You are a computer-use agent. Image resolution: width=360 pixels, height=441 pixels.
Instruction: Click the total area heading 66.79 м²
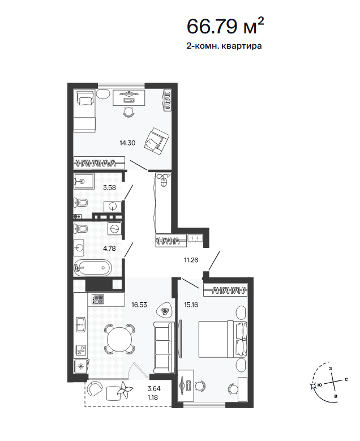coord(225,26)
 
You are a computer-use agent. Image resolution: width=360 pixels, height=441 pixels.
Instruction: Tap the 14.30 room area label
coord(127,143)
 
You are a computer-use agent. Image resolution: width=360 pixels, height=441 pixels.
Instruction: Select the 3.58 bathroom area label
coord(109,187)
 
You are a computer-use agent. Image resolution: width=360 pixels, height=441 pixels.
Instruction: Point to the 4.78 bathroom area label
coord(109,249)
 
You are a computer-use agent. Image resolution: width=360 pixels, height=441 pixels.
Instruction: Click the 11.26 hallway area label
coord(191,260)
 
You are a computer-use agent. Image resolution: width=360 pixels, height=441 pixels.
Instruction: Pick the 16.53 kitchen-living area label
coord(139,305)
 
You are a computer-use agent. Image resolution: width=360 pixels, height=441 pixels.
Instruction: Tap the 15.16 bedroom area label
coord(191,305)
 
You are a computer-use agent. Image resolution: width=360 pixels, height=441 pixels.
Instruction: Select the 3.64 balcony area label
coord(154,388)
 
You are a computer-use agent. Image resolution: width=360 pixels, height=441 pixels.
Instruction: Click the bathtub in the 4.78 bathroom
coord(92,267)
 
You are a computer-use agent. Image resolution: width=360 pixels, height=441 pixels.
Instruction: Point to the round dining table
coord(119,339)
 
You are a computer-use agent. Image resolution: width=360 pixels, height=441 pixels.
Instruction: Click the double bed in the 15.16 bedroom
coord(223,339)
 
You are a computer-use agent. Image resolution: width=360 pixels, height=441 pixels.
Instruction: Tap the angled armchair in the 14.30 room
coord(156,140)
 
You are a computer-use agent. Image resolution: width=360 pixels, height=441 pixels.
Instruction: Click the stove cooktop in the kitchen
coord(97,299)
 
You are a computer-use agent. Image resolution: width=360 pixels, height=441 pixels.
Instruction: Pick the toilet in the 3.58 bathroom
coord(81,203)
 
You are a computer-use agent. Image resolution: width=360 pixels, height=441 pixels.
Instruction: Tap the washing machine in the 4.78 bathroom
coord(115,229)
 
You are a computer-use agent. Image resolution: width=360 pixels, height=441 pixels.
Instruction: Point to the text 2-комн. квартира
coord(224,46)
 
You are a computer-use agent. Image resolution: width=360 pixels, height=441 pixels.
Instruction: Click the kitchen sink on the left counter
coord(81,325)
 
